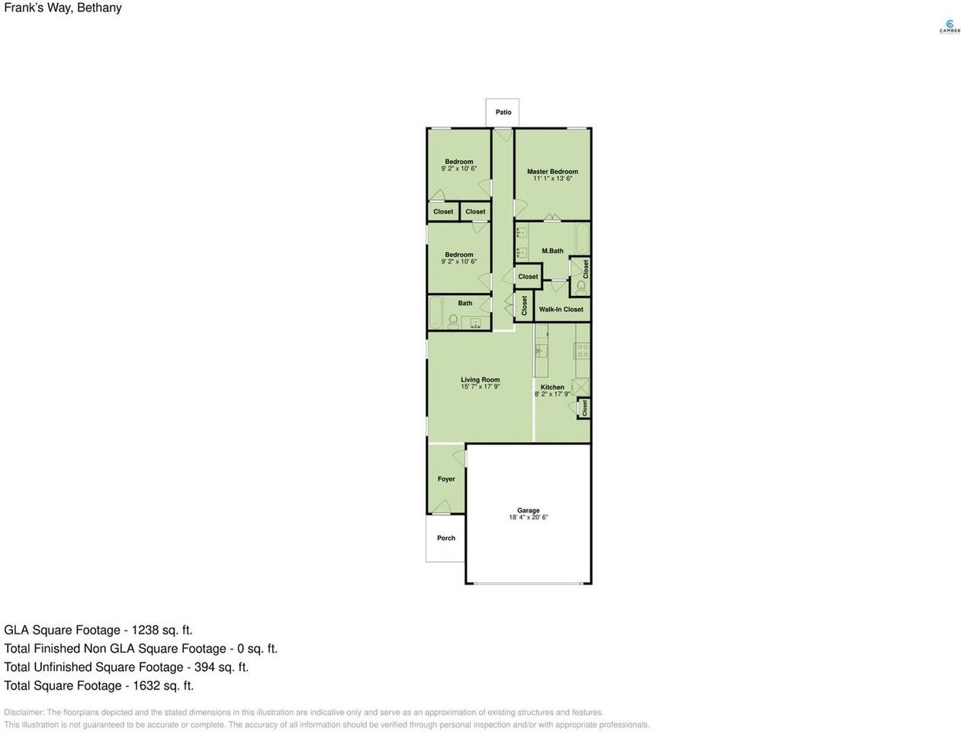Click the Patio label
(x=503, y=112)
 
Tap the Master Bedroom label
(x=552, y=172)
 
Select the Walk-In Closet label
(x=561, y=310)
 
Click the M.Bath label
(x=552, y=251)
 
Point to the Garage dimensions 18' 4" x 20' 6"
(x=529, y=518)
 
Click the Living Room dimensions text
(x=480, y=387)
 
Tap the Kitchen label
(x=552, y=387)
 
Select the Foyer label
(x=446, y=480)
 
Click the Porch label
(x=446, y=538)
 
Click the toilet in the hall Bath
(x=453, y=321)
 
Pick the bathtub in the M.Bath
(x=583, y=239)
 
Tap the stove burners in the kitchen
(x=582, y=351)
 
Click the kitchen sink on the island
(x=541, y=351)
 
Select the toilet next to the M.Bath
(x=581, y=287)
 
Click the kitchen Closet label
(x=585, y=409)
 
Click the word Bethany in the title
(x=99, y=8)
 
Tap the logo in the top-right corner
(x=949, y=27)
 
